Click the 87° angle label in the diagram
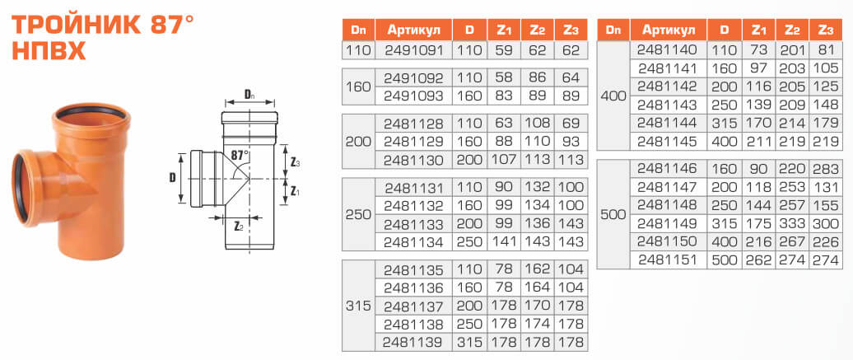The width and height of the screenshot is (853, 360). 239,154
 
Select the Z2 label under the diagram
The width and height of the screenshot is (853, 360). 237,224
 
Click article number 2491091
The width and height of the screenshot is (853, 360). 414,50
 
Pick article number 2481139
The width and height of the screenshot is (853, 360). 414,340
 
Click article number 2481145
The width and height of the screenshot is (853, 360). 669,140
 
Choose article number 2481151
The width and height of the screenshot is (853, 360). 669,259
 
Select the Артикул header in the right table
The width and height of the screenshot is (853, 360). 669,30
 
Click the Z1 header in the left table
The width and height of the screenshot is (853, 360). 504,30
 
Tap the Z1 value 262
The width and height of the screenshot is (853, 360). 758,259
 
